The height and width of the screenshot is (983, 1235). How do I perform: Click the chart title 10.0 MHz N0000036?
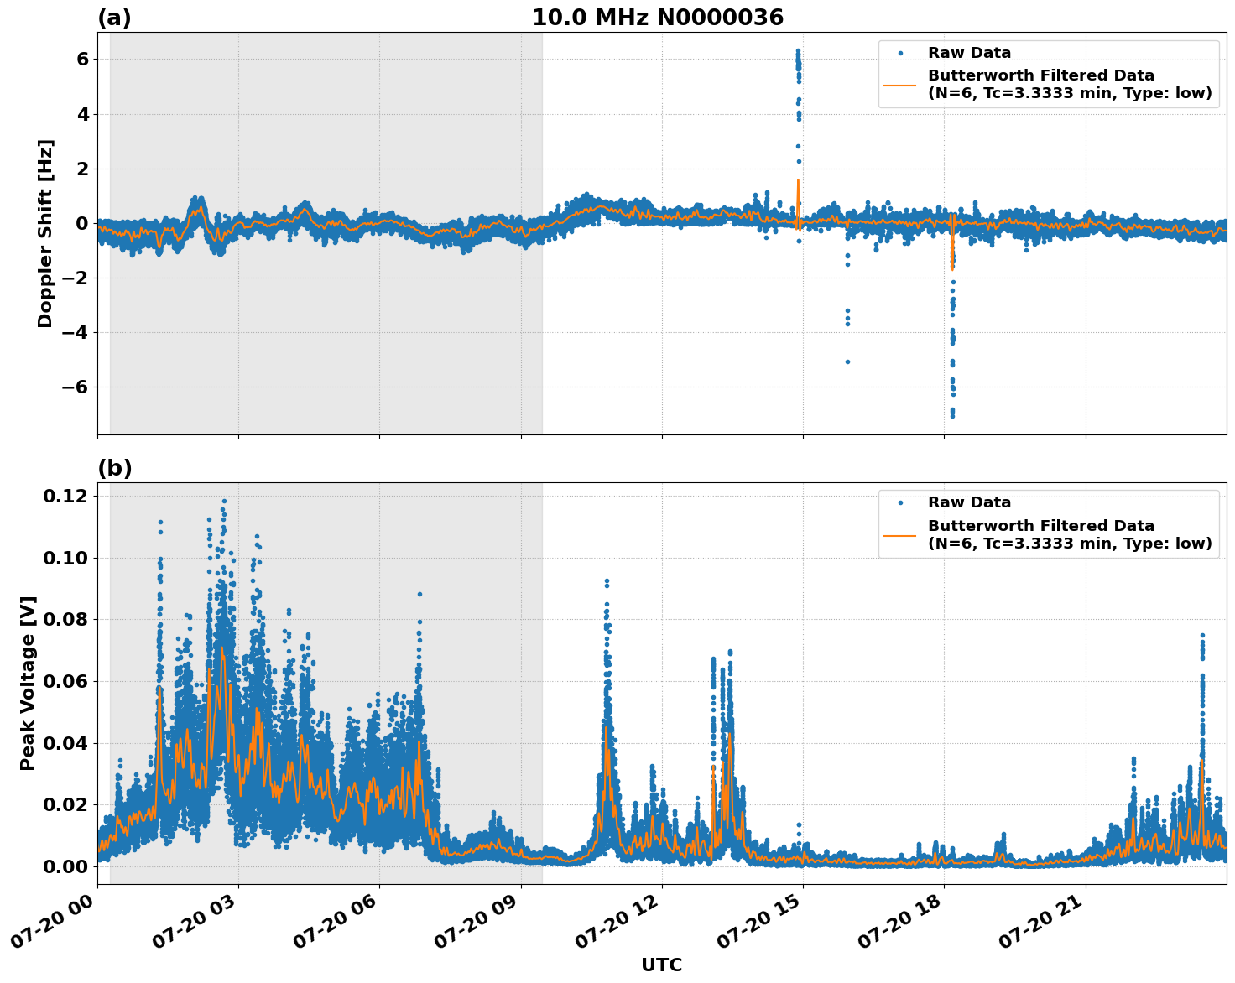pos(657,18)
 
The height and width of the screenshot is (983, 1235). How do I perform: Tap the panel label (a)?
pos(114,18)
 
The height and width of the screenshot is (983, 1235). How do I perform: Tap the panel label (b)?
pos(114,468)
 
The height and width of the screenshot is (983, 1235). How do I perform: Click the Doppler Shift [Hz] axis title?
pos(45,233)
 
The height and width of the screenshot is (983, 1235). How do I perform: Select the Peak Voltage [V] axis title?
pos(28,684)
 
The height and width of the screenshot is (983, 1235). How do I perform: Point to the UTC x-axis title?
pos(661,965)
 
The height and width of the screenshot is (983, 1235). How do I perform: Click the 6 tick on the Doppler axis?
pos(82,59)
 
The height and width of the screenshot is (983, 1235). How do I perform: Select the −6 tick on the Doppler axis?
pos(77,387)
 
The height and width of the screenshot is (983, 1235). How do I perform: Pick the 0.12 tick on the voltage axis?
pos(65,497)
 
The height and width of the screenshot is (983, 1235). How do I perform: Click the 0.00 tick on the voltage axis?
pos(65,866)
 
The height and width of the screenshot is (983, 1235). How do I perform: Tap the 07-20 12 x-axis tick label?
pos(617,923)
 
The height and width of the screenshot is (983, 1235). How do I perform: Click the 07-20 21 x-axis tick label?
pos(1040,923)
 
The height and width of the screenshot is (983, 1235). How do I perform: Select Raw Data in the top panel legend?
pos(969,53)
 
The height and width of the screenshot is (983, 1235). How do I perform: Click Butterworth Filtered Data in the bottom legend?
pos(1040,526)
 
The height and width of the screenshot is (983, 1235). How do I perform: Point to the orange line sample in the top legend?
pos(899,84)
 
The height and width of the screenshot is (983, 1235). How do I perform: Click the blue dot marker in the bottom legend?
pos(899,502)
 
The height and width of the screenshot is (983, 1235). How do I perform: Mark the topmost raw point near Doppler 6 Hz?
pos(798,50)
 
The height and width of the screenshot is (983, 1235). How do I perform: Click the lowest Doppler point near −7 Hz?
pos(952,415)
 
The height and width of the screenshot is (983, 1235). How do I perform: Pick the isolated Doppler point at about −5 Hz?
pos(847,361)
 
